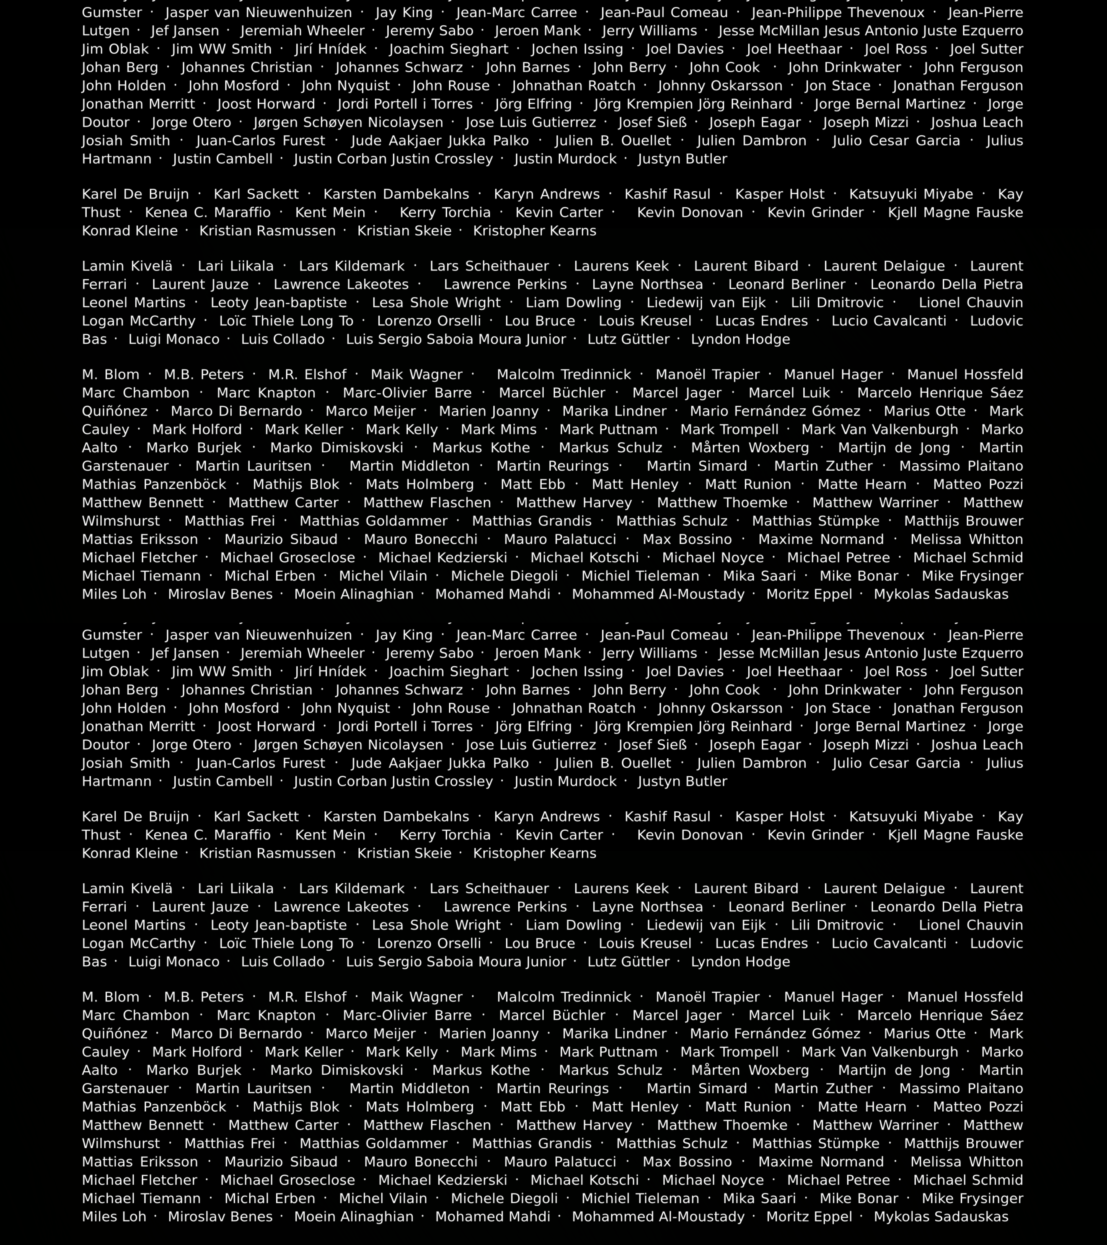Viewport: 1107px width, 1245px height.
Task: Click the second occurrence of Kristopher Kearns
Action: (534, 853)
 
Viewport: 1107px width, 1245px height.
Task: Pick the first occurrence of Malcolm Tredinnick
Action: (563, 375)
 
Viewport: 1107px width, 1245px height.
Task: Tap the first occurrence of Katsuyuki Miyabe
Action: (911, 194)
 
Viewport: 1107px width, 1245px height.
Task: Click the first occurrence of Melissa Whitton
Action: (966, 540)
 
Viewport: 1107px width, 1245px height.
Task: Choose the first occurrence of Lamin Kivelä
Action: (127, 266)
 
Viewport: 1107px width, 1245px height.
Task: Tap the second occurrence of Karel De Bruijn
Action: (135, 817)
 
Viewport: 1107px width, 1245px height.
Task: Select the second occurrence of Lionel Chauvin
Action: (971, 925)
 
